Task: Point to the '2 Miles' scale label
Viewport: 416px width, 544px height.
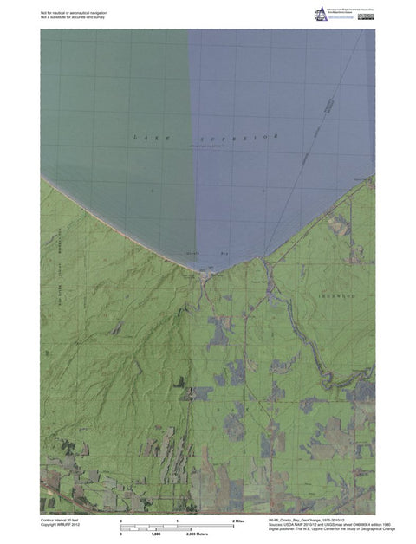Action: point(240,521)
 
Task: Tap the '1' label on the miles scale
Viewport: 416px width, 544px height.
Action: point(177,521)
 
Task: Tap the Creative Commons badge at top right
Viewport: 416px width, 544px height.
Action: point(358,10)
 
